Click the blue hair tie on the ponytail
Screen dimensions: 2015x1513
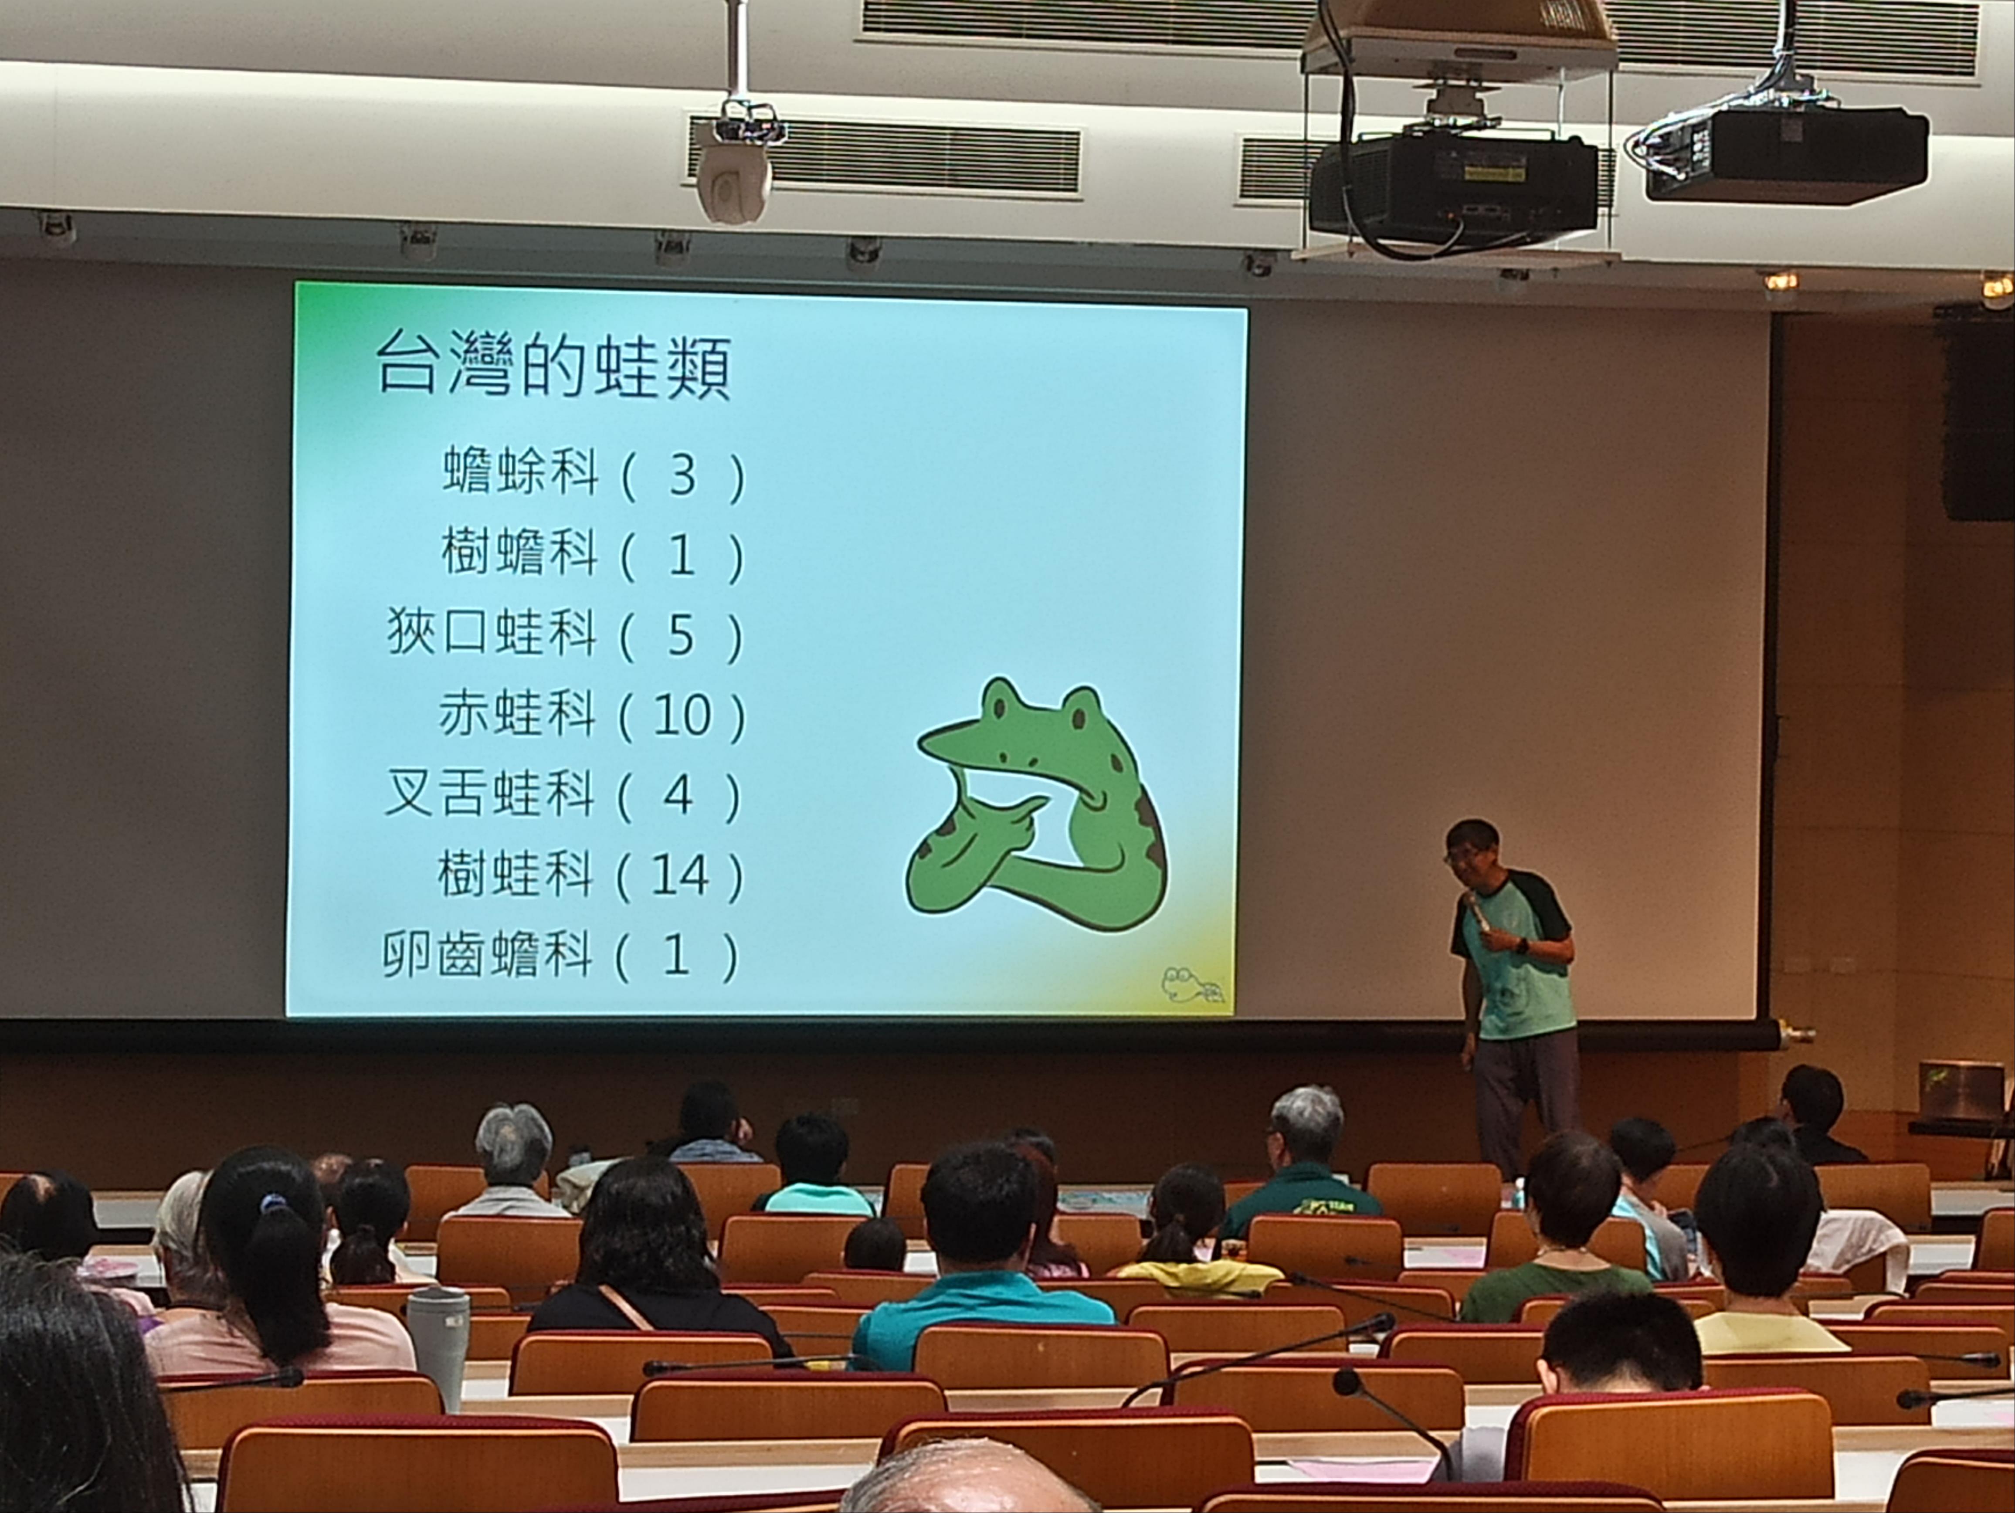coord(269,1204)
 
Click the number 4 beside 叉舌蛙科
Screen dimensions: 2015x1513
coord(678,795)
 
